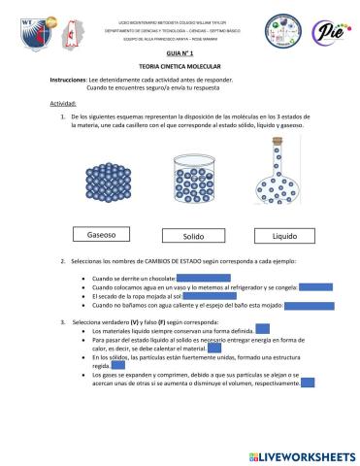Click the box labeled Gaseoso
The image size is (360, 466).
(101, 235)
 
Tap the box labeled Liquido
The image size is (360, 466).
(283, 235)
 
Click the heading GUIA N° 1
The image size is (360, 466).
(180, 56)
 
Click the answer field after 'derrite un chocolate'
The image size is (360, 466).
(202, 278)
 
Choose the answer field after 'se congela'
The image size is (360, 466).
(315, 286)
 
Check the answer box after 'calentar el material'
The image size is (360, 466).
(214, 350)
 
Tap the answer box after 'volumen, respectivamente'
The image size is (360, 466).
(307, 383)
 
